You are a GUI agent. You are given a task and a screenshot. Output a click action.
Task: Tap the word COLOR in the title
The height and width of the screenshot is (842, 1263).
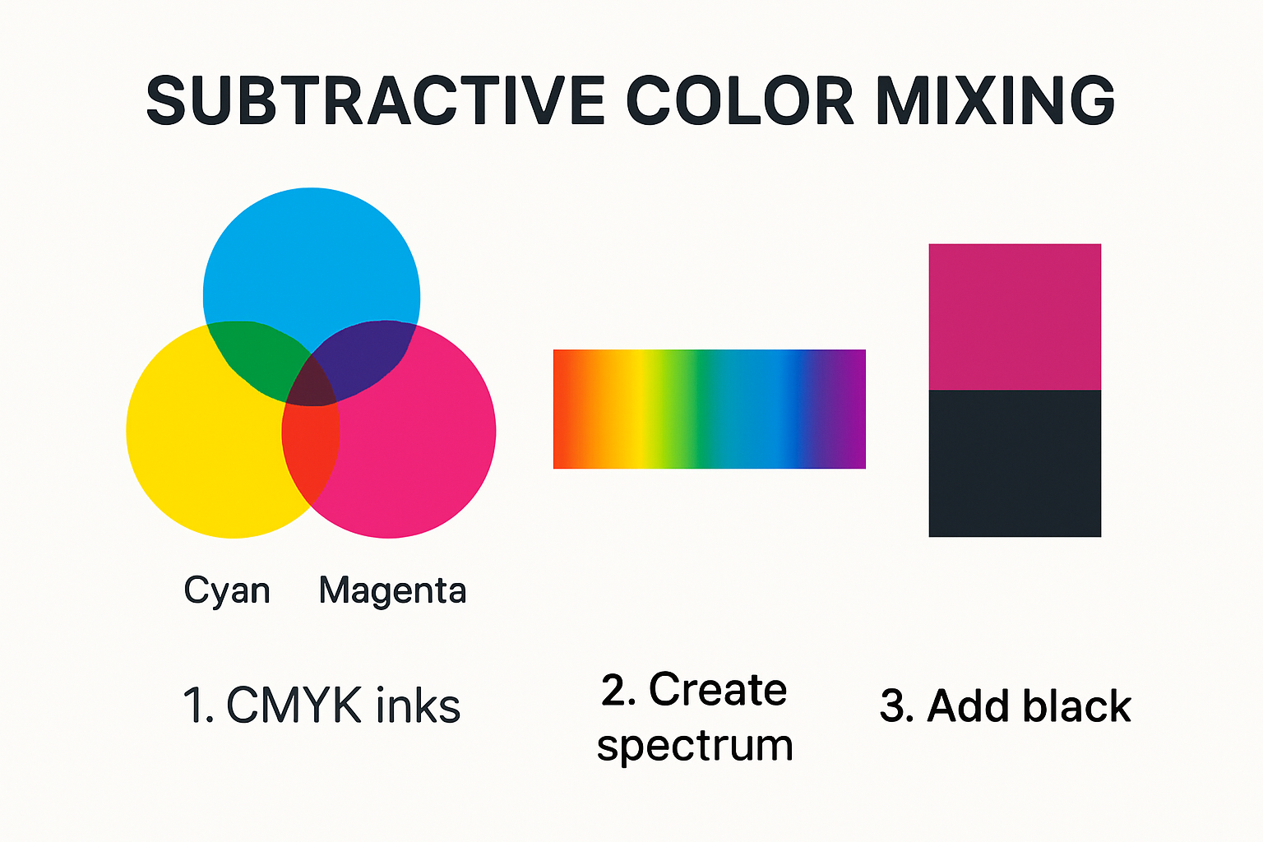740,101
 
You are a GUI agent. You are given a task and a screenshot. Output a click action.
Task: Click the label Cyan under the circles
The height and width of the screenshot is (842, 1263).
227,590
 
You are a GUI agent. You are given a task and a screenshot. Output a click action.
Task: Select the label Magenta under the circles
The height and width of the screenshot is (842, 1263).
392,590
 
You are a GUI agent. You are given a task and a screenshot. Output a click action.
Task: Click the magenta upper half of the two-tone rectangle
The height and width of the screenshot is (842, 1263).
1015,317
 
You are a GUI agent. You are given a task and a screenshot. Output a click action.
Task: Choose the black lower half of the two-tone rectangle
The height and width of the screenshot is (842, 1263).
1015,463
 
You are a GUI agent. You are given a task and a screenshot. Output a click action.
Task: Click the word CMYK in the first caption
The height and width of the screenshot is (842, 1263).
294,706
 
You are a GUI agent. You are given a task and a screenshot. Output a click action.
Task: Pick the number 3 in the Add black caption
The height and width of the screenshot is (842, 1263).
894,706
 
